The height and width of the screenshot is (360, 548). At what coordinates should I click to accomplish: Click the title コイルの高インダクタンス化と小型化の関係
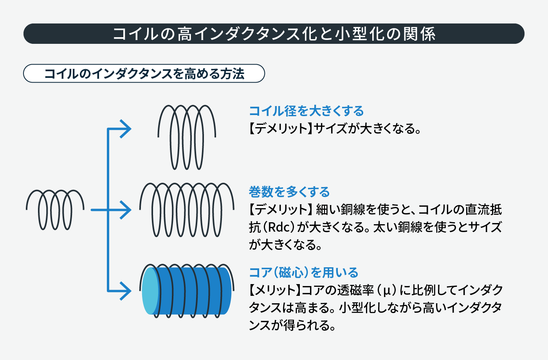point(274,34)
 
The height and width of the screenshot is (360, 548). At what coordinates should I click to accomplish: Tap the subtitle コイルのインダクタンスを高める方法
point(144,74)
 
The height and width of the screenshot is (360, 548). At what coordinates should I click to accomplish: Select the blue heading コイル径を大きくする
point(306,111)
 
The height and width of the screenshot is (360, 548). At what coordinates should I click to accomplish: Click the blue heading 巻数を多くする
point(289,192)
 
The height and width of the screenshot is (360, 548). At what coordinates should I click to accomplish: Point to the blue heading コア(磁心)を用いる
point(303,272)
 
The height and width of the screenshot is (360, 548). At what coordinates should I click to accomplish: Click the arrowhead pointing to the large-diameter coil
point(126,129)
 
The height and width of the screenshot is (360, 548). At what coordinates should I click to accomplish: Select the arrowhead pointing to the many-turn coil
point(126,210)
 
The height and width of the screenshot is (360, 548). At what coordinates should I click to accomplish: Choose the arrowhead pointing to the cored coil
point(126,291)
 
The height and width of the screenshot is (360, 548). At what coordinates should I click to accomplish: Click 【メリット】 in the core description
point(275,290)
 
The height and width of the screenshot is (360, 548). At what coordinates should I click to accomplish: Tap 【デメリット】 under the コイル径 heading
point(281,129)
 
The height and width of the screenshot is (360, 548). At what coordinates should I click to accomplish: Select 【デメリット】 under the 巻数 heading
point(281,210)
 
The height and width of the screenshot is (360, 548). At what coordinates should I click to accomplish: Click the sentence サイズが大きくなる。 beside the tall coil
point(368,129)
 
